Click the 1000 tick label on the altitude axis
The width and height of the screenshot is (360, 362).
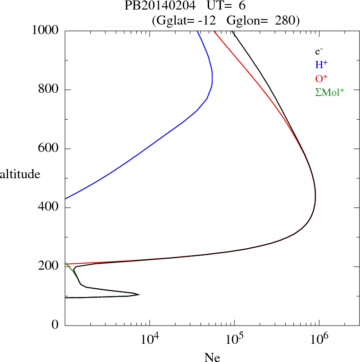point(45,30)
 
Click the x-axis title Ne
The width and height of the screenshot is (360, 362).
point(212,357)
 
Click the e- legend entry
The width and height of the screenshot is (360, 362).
point(319,51)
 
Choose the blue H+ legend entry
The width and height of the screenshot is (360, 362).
point(321,65)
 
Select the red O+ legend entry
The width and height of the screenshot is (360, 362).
point(321,79)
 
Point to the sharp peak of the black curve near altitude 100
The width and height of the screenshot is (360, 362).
point(139,295)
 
